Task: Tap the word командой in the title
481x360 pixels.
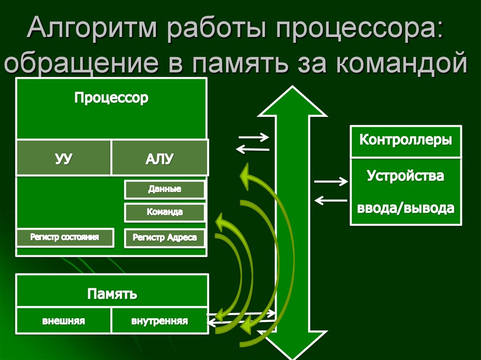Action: (402, 63)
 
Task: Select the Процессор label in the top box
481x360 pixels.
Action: (111, 98)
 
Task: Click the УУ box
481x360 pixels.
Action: (63, 158)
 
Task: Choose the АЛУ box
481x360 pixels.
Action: (159, 158)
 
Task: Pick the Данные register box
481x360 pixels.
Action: (164, 190)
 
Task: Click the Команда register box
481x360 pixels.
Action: (164, 212)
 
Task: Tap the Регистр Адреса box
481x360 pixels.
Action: (164, 237)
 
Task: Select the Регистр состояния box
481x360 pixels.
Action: (65, 237)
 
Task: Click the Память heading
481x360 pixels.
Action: (112, 294)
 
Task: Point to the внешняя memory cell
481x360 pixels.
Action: (63, 322)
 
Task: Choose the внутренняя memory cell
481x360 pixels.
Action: (159, 322)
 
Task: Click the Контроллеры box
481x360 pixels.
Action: (406, 140)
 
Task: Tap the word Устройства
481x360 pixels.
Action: (406, 176)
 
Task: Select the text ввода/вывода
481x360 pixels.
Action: (406, 208)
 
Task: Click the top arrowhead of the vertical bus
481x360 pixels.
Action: (292, 101)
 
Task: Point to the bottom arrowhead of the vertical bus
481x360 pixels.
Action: (292, 345)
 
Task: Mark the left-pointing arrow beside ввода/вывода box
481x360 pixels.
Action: (331, 200)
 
